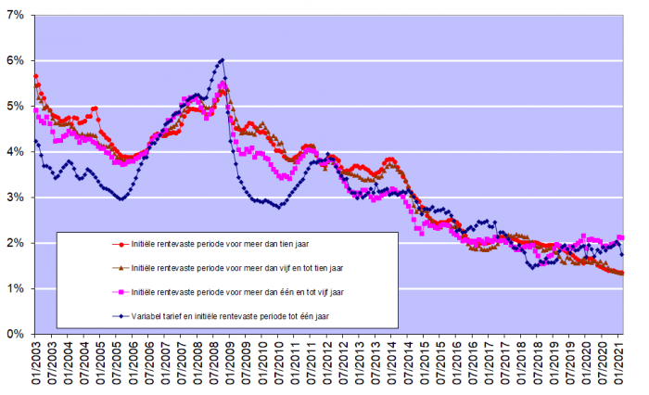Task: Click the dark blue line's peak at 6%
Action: (223, 60)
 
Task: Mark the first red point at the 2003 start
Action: (35, 76)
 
